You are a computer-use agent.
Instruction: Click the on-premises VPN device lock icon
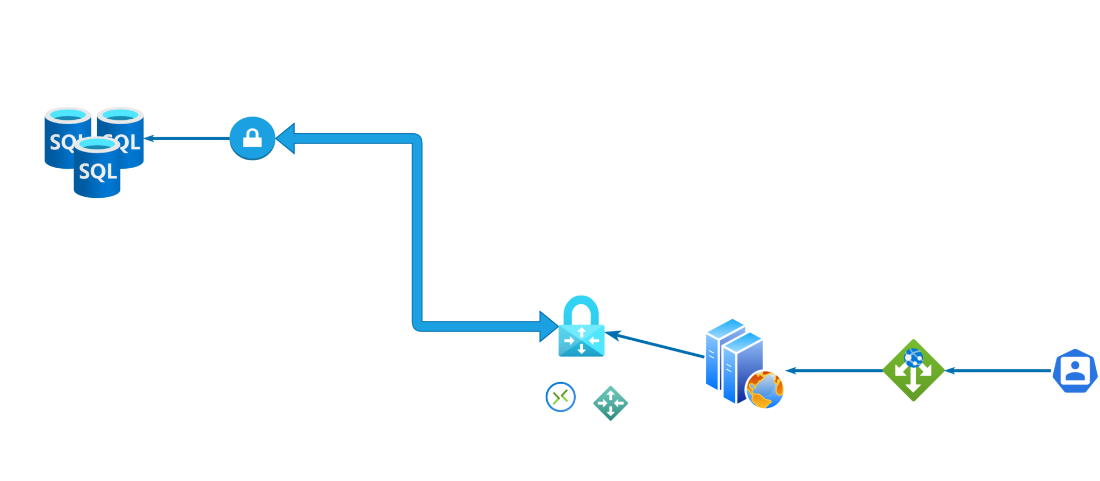pos(252,138)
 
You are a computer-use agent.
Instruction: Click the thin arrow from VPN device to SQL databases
pos(188,138)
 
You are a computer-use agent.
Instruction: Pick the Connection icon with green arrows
pos(561,397)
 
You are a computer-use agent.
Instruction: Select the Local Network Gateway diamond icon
pos(611,403)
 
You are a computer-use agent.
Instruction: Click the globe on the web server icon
pos(765,390)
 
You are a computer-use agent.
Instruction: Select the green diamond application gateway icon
pos(913,370)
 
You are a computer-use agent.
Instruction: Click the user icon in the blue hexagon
pos(1075,370)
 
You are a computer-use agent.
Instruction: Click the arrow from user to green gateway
pos(999,370)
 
